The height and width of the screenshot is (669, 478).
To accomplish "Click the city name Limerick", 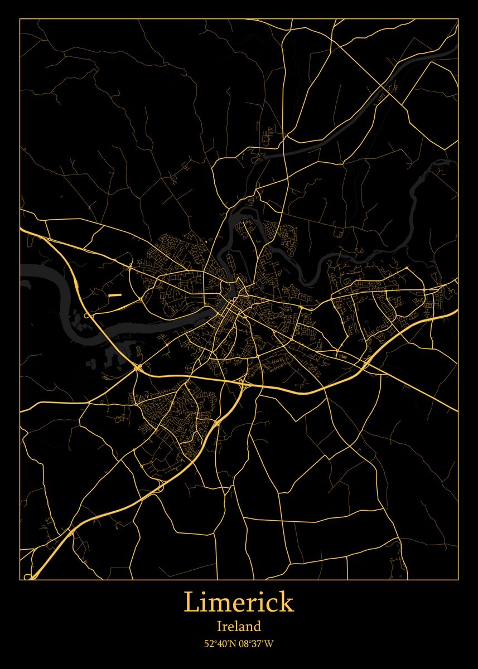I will [x=239, y=603].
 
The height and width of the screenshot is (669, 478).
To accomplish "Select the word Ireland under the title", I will [x=239, y=627].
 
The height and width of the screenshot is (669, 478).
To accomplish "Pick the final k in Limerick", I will [x=286, y=603].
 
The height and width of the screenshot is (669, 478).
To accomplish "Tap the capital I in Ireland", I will [x=219, y=627].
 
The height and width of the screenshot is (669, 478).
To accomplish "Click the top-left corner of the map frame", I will [x=20, y=19].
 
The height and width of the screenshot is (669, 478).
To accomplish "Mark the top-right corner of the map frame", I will [x=458, y=19].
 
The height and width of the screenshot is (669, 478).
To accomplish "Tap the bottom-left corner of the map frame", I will [x=20, y=580].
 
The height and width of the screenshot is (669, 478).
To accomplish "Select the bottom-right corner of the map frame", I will [x=458, y=580].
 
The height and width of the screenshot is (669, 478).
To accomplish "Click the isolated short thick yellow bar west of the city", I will [x=115, y=294].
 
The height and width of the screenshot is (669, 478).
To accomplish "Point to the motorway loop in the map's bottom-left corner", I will [x=31, y=574].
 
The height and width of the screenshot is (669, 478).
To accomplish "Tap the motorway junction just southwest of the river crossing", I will [x=138, y=367].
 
